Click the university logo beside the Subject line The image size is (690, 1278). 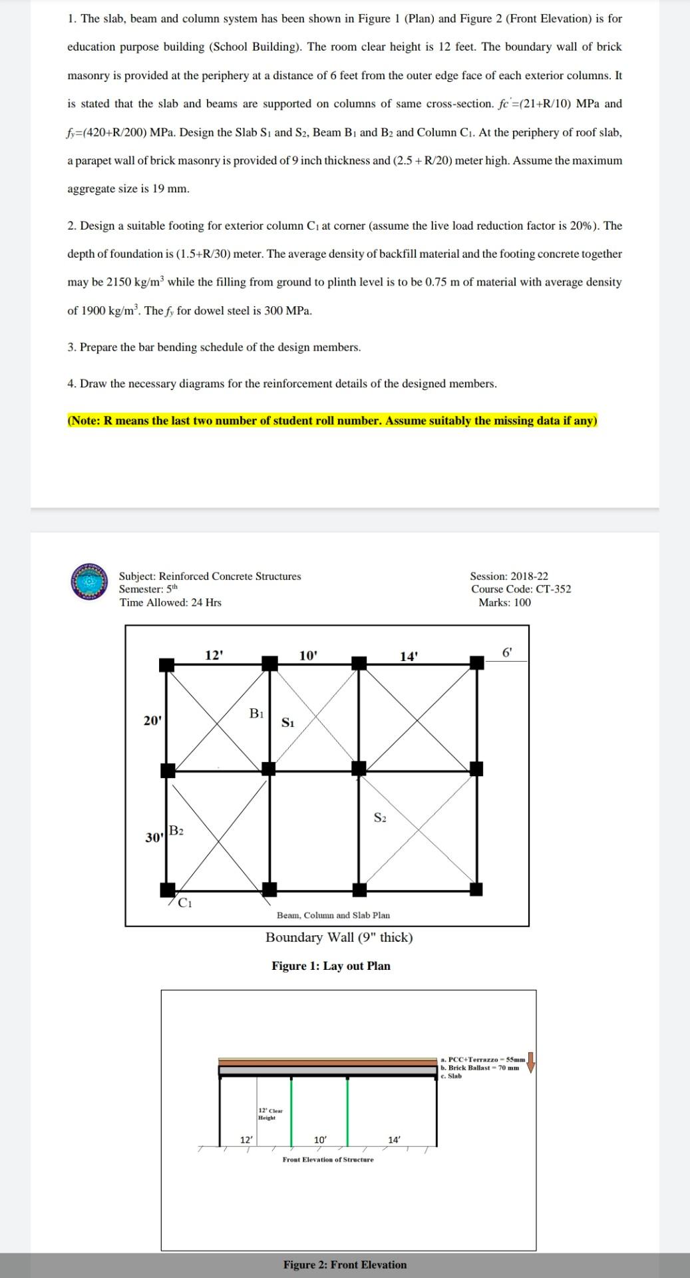pos(89,582)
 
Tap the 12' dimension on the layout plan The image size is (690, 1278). pos(214,655)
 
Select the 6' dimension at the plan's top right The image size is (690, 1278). pos(507,653)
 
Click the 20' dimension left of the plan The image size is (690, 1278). pos(152,720)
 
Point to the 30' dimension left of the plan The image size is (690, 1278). pos(154,837)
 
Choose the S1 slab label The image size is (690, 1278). pos(287,723)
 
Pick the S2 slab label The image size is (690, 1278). pos(380,817)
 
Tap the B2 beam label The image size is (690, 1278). pos(176,831)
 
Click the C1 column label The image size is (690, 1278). pos(186,903)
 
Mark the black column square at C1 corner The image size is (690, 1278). pos(168,890)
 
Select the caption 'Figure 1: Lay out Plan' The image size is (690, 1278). pos(331,966)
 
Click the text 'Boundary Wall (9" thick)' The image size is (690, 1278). pos(339,937)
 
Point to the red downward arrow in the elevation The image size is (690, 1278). pos(531,1062)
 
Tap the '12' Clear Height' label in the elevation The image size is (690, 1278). pos(269,1114)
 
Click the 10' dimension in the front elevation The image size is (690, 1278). pos(320,1140)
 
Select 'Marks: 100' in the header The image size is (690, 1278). pos(504,602)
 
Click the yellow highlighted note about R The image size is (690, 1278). pos(332,421)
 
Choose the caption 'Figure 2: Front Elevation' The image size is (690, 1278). pos(345,1265)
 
